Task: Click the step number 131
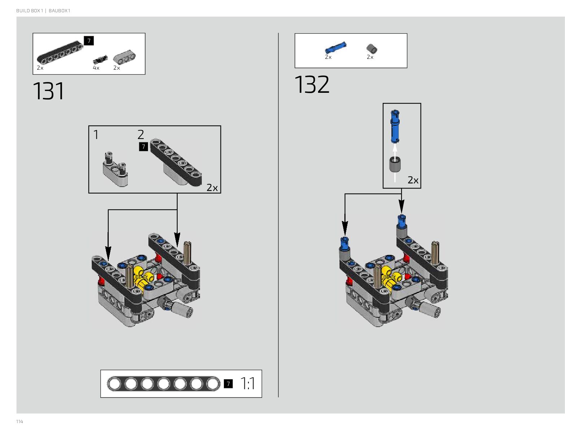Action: pos(48,91)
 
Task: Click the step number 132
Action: pos(312,84)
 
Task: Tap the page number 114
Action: pos(19,421)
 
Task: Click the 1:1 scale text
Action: pos(248,383)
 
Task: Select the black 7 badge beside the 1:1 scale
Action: pos(228,383)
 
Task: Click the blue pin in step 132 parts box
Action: pos(335,47)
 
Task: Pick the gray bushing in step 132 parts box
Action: pos(371,48)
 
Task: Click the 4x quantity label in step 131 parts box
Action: pos(96,68)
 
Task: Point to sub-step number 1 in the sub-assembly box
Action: pos(96,135)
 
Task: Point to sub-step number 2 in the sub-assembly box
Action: pos(141,135)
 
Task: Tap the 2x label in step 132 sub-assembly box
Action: pos(413,180)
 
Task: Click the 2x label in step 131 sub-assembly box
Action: pos(212,188)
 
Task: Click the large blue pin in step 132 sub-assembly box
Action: pos(395,126)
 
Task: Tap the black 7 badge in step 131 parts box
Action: pos(89,41)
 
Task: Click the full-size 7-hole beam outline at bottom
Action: pos(164,383)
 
